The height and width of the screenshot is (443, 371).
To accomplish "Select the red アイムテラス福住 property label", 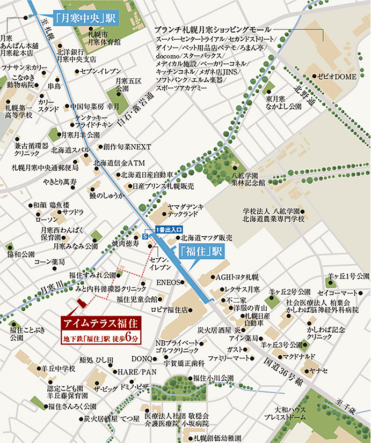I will (x=100, y=323).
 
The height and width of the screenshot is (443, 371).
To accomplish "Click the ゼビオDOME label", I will (x=338, y=77).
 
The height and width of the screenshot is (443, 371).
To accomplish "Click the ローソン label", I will (x=46, y=220).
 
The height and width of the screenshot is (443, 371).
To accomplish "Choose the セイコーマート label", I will (x=337, y=293).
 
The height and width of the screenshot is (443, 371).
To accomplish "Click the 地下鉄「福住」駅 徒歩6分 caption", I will (x=100, y=339).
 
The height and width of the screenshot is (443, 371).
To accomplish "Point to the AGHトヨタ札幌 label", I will (x=237, y=277).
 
